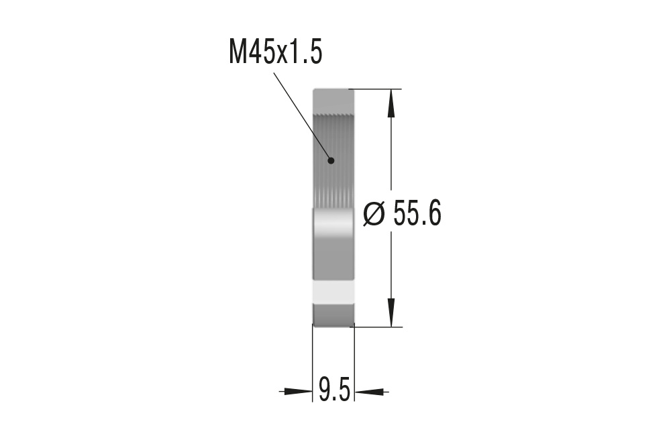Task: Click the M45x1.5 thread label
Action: (x=275, y=52)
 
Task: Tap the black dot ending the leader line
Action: (x=331, y=160)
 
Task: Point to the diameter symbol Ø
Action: (x=374, y=215)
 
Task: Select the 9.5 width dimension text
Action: (x=333, y=390)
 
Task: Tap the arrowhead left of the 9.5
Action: (x=298, y=390)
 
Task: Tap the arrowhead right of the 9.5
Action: (x=369, y=390)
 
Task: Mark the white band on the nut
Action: (x=333, y=291)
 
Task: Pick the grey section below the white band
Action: (x=333, y=315)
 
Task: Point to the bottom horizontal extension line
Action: (x=376, y=327)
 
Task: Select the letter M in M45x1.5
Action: (x=238, y=52)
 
